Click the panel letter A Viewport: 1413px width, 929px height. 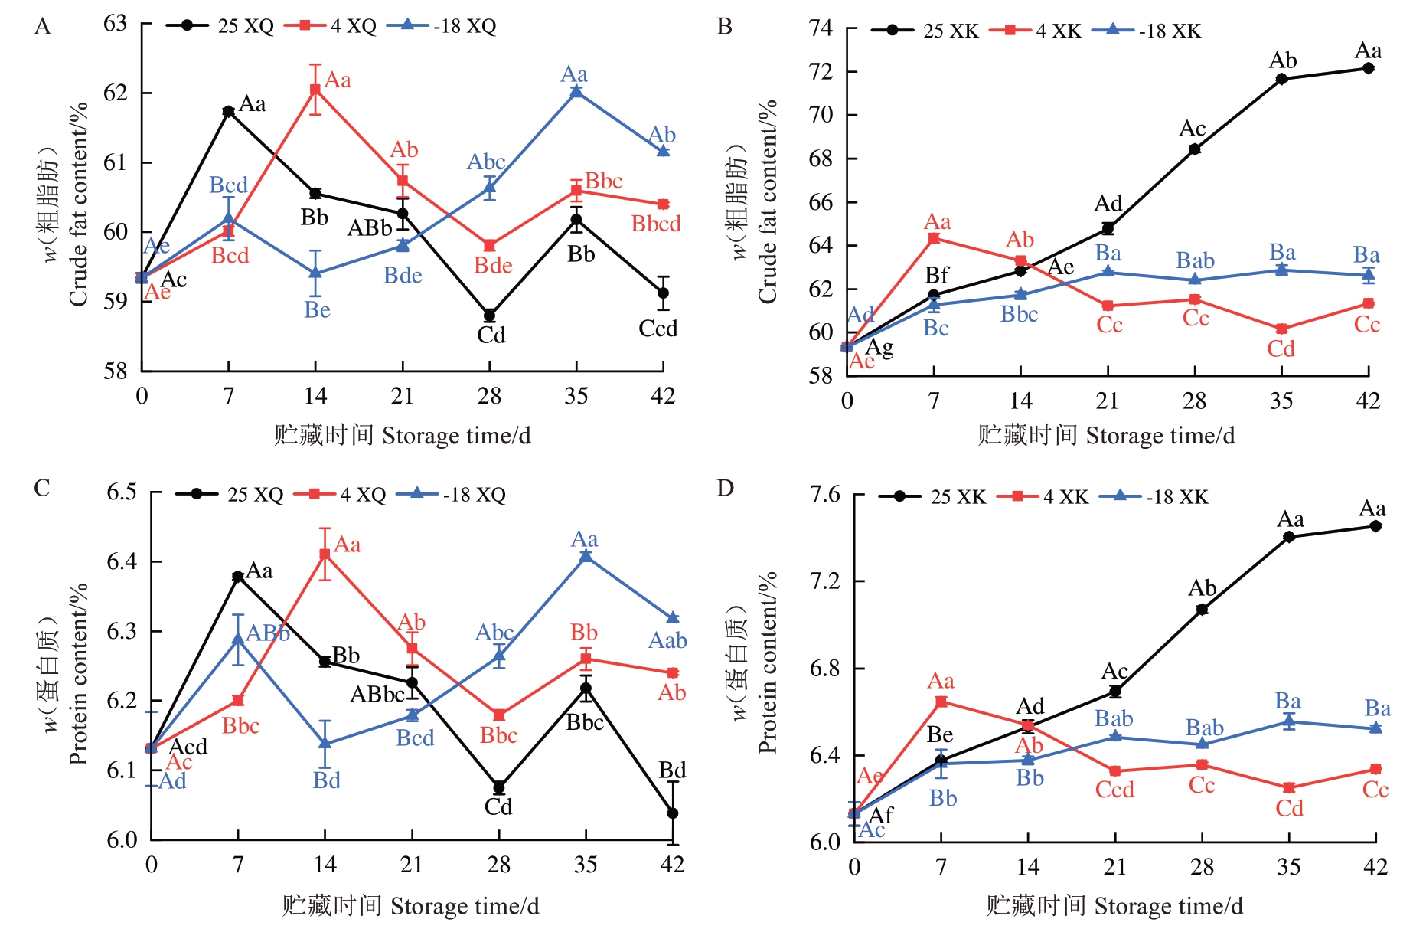43,27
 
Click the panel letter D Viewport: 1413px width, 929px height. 725,488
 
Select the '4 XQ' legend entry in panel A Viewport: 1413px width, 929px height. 331,26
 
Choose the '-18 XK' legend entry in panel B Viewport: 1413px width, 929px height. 1147,31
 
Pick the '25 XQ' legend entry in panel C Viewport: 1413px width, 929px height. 230,495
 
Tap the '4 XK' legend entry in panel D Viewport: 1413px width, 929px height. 1043,497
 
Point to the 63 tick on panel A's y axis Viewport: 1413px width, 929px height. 116,24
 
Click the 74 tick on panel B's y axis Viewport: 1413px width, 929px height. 821,28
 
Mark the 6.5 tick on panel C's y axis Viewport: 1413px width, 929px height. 122,492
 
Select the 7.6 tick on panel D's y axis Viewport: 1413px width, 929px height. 825,494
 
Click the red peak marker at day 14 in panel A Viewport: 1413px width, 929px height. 315,90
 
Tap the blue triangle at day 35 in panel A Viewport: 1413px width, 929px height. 576,92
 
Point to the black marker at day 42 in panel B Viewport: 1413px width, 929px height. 1368,68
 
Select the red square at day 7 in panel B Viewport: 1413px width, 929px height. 934,238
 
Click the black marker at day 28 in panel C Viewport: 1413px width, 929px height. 499,787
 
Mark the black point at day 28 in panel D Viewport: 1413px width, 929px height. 1202,610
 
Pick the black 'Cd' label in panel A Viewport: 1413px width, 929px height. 491,335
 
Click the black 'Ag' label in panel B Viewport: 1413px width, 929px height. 879,348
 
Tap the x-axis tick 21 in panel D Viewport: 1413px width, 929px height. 1114,867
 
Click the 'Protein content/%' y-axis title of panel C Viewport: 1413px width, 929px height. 79,674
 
